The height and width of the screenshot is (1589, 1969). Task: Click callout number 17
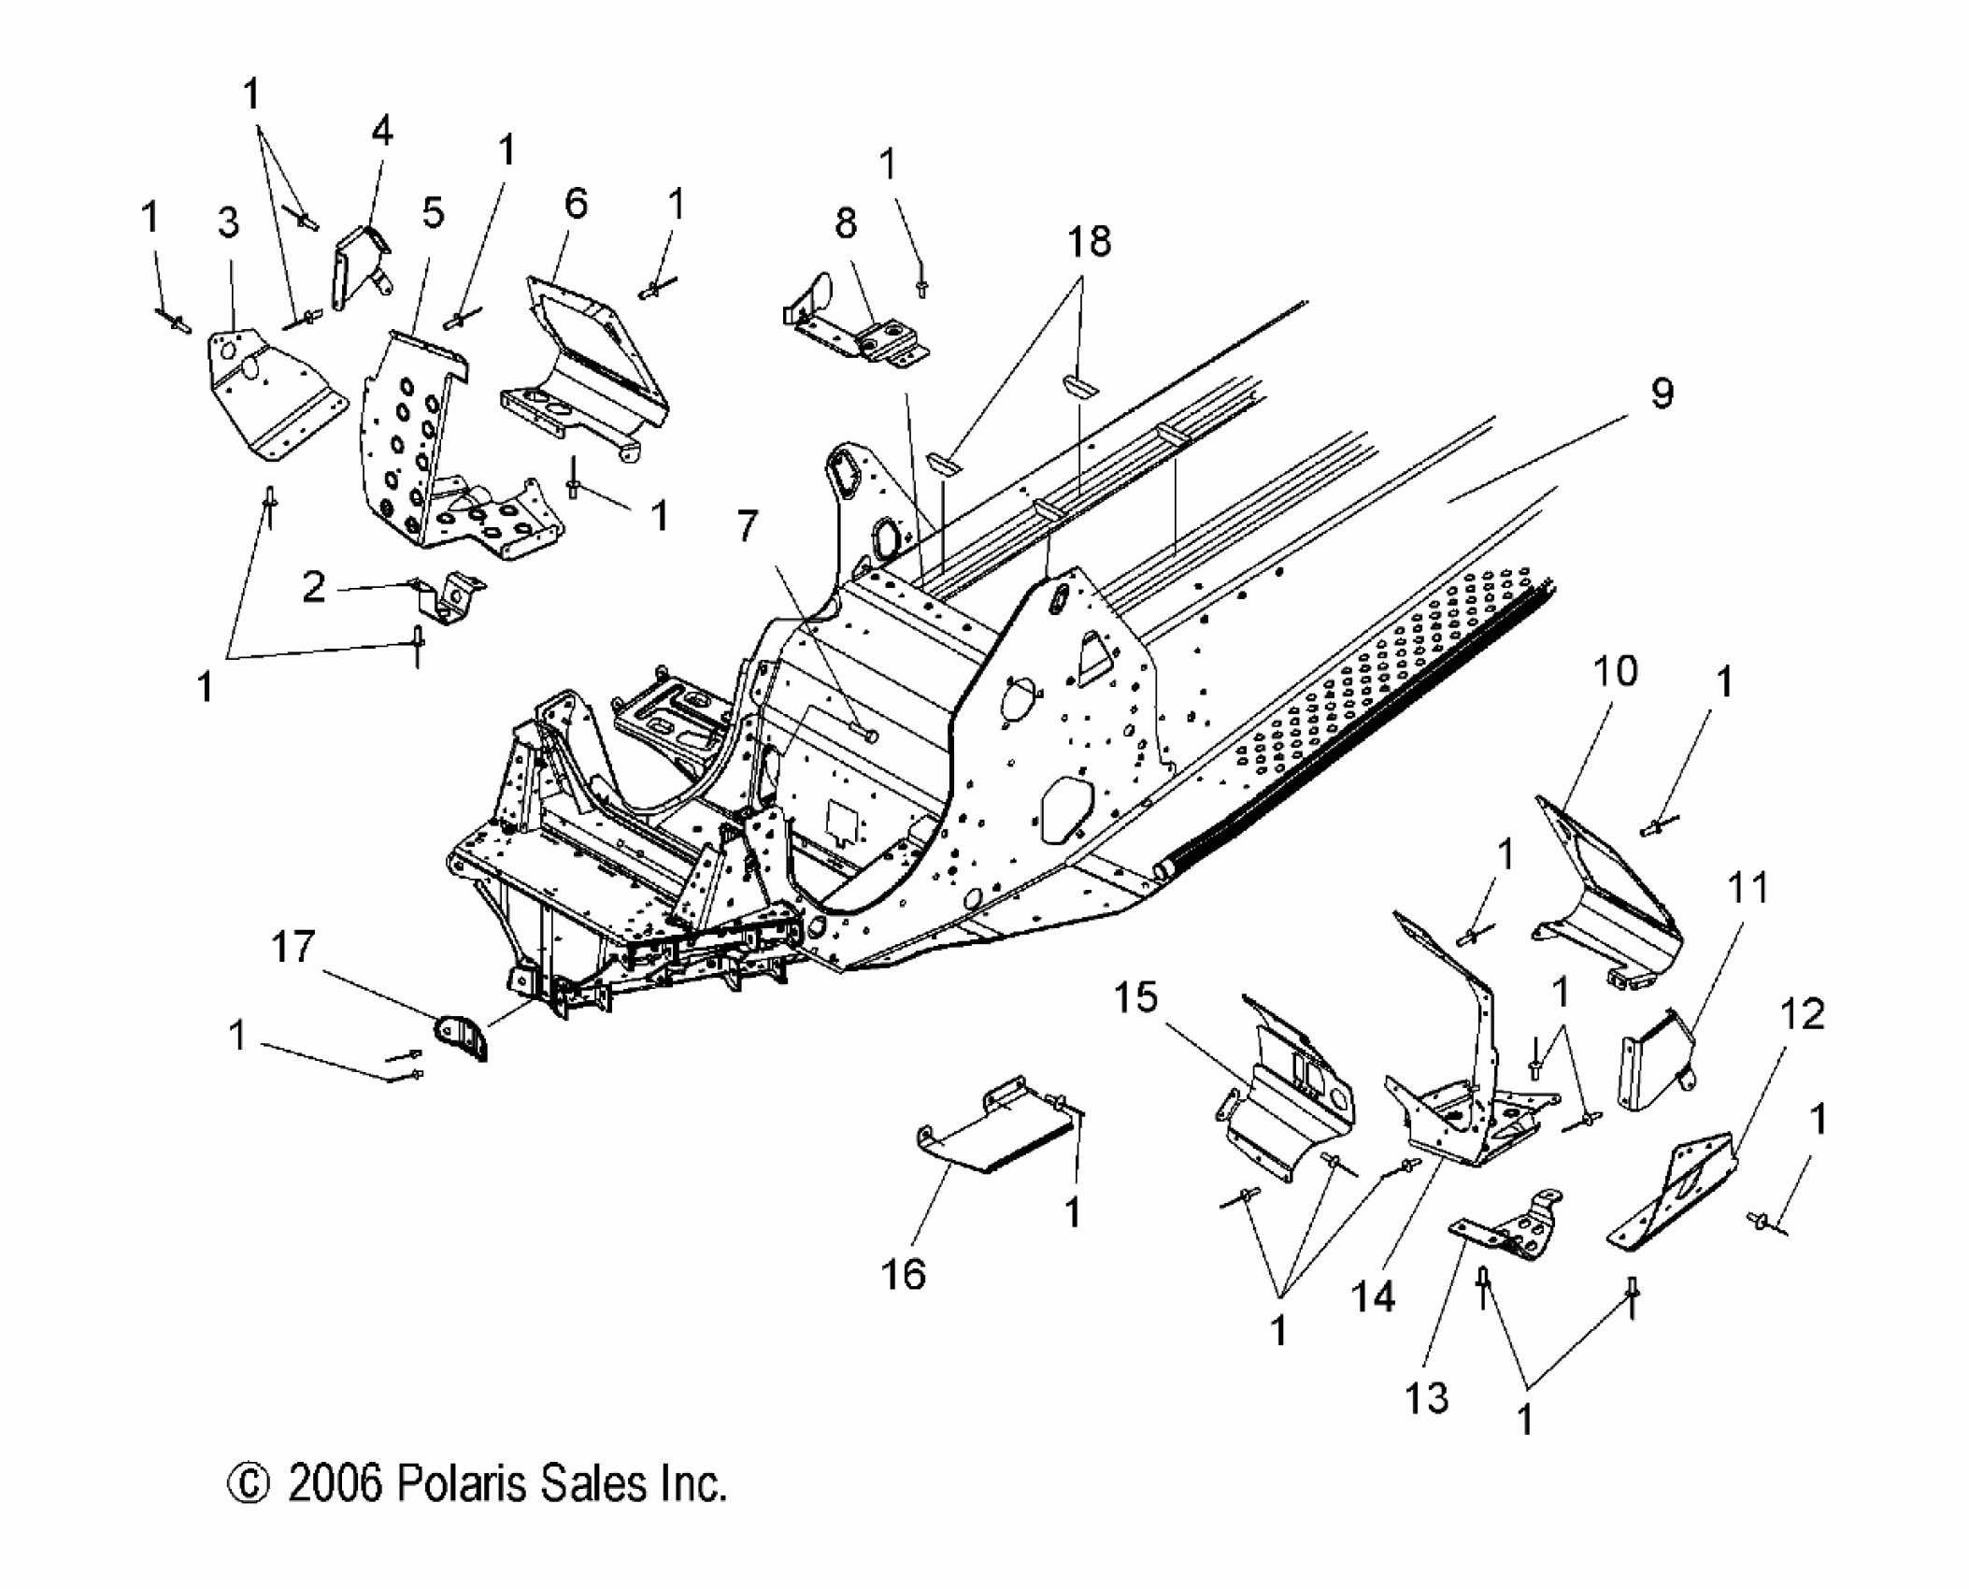click(x=292, y=947)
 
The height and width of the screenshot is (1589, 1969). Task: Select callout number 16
click(x=903, y=1274)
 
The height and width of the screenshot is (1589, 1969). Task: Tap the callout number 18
click(x=1089, y=241)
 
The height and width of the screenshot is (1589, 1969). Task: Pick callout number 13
click(x=1427, y=1424)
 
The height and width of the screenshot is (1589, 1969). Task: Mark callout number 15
click(x=1135, y=997)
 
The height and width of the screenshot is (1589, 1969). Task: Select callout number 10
click(x=1616, y=670)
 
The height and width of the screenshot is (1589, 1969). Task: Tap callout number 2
click(x=314, y=588)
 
